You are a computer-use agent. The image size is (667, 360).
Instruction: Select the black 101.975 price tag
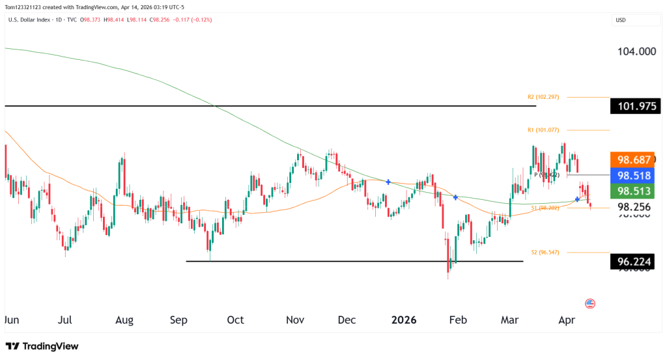click(635, 106)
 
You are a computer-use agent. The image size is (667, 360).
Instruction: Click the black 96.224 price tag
click(635, 262)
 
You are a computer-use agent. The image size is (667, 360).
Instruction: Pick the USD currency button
click(620, 20)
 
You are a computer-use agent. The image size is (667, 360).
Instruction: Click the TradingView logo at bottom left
click(42, 346)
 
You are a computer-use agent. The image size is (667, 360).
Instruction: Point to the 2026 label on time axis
click(404, 320)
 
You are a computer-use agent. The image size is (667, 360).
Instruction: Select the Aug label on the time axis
click(124, 320)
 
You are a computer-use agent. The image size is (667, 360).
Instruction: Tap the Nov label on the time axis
click(296, 320)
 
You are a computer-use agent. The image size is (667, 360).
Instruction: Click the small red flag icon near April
click(590, 303)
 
